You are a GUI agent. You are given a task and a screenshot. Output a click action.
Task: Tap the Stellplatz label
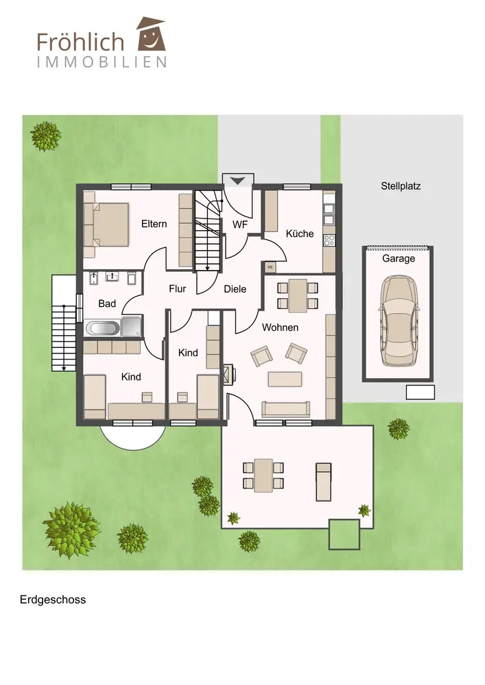[x=401, y=186]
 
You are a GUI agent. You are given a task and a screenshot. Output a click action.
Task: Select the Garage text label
[x=399, y=259]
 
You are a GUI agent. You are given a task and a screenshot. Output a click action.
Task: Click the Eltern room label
[x=154, y=224]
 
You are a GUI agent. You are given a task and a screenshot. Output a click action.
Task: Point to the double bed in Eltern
[x=106, y=224]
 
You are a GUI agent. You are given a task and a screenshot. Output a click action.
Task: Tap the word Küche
[x=300, y=234]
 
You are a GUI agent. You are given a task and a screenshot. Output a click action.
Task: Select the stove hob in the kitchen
[x=329, y=240]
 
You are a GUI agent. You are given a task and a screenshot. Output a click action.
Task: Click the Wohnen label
[x=280, y=327]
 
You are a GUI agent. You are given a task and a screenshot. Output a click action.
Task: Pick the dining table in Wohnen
[x=298, y=295]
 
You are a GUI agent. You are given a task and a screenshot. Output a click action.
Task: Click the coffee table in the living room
[x=285, y=379]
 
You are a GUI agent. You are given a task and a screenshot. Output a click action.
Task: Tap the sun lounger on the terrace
[x=324, y=482]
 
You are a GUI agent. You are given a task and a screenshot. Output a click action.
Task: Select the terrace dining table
[x=263, y=475]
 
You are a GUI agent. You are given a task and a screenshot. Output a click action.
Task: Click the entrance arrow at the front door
[x=238, y=180]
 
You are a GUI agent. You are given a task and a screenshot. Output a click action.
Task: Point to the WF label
[x=239, y=225]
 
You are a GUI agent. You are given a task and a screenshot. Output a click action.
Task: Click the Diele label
[x=235, y=289]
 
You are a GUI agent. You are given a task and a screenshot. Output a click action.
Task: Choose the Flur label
[x=177, y=289]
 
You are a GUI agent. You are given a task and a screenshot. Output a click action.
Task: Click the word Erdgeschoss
[x=53, y=599]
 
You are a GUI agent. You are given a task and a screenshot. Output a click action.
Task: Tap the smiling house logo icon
[x=152, y=34]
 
